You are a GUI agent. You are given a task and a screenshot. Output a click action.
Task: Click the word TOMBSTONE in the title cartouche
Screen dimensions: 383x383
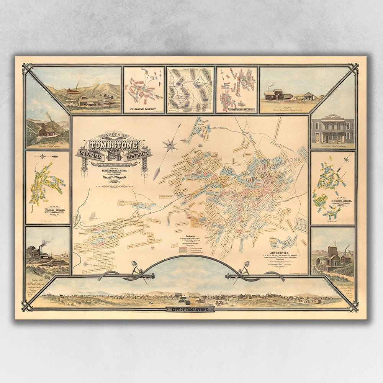114,146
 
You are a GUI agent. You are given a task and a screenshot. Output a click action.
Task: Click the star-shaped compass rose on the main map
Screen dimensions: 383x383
170,145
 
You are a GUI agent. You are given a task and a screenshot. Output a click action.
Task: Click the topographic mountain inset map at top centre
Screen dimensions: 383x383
190,90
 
